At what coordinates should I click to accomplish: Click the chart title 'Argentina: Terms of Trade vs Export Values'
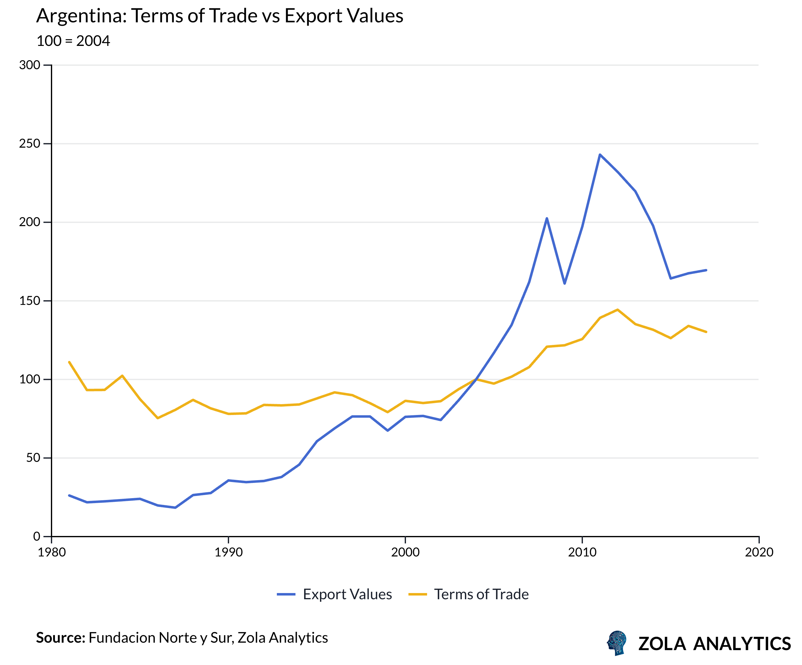click(220, 16)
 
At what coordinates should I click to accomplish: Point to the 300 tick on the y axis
click(30, 65)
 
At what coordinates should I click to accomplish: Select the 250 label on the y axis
click(30, 144)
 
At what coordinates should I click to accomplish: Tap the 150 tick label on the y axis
click(30, 301)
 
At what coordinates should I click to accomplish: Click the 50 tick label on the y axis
click(33, 458)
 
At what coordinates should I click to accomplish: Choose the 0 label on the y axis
click(37, 536)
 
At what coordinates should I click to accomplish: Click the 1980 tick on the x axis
click(52, 552)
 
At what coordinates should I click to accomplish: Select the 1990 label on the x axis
click(228, 552)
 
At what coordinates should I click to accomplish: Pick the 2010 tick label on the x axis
click(582, 552)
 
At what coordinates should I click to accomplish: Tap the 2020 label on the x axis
click(759, 552)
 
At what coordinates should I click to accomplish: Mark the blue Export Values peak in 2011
click(600, 154)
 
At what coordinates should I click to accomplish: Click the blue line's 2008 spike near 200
click(547, 218)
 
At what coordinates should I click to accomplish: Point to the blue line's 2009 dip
click(565, 283)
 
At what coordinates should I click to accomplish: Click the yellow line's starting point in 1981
click(69, 362)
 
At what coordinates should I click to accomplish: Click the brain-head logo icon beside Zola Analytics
click(617, 643)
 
